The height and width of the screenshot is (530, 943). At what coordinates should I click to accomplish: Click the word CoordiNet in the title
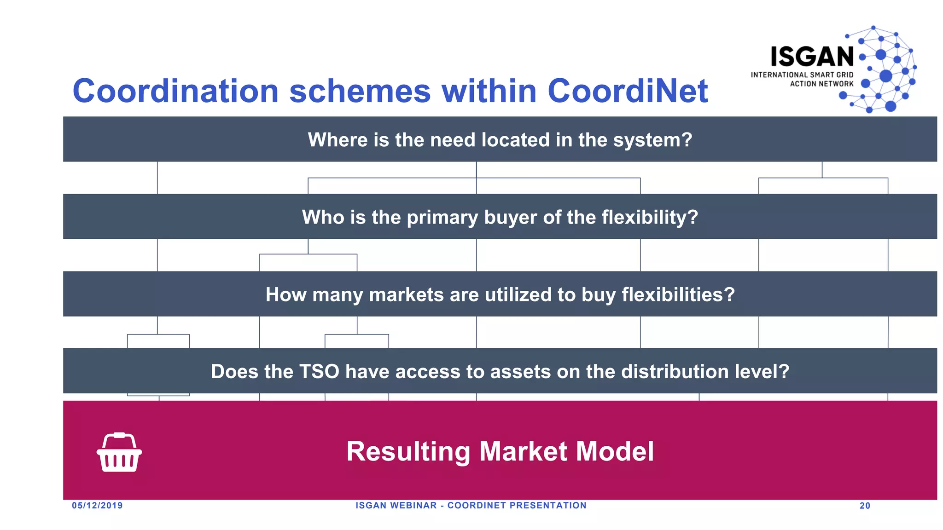pyautogui.click(x=627, y=91)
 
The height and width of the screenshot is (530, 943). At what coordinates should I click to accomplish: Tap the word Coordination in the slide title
pyautogui.click(x=175, y=91)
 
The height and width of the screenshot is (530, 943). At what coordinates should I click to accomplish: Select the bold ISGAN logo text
pyautogui.click(x=812, y=57)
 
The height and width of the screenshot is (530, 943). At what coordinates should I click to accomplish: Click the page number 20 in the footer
pyautogui.click(x=865, y=506)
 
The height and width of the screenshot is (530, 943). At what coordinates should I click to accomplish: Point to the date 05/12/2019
pyautogui.click(x=97, y=506)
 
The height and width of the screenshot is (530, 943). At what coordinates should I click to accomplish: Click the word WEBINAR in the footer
pyautogui.click(x=413, y=506)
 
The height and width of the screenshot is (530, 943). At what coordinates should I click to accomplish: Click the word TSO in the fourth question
pyautogui.click(x=319, y=372)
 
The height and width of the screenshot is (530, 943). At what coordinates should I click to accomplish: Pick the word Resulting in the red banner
pyautogui.click(x=407, y=451)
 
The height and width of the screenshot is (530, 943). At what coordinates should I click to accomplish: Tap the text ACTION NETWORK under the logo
pyautogui.click(x=821, y=84)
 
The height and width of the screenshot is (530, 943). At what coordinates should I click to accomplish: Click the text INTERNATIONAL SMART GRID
pyautogui.click(x=802, y=75)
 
